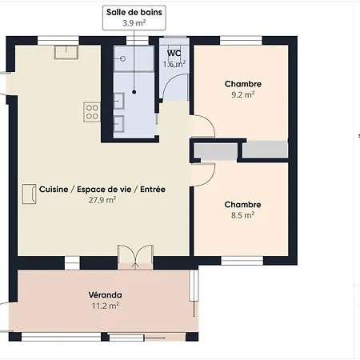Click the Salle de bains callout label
(134, 18)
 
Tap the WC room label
(174, 53)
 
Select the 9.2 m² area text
(243, 94)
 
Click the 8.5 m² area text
(242, 215)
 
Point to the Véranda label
(106, 295)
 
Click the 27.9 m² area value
(102, 200)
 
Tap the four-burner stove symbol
(92, 112)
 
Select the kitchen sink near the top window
(66, 52)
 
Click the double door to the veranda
(135, 257)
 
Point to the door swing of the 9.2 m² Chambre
(210, 122)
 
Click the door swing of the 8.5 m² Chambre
(210, 178)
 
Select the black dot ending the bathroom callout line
(134, 92)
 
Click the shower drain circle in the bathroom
(122, 58)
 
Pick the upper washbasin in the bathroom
(119, 101)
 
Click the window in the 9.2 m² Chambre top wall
(241, 41)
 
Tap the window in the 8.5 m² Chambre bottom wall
(242, 261)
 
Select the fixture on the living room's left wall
(29, 194)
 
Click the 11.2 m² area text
(106, 306)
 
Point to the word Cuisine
(54, 190)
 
